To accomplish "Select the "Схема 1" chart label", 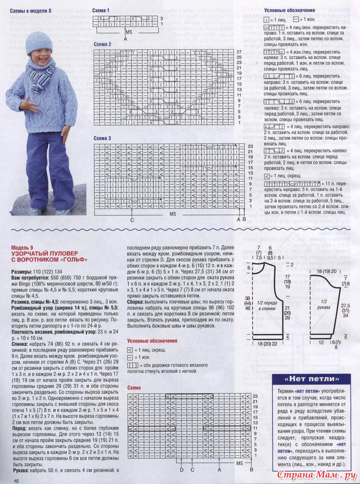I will (x=100, y=10).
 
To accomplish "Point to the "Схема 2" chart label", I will (x=102, y=44).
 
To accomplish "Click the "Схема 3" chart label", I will (x=102, y=138).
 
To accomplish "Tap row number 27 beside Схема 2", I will (x=239, y=52).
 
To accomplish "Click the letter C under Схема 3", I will (x=132, y=221).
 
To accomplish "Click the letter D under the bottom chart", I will (x=182, y=470).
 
